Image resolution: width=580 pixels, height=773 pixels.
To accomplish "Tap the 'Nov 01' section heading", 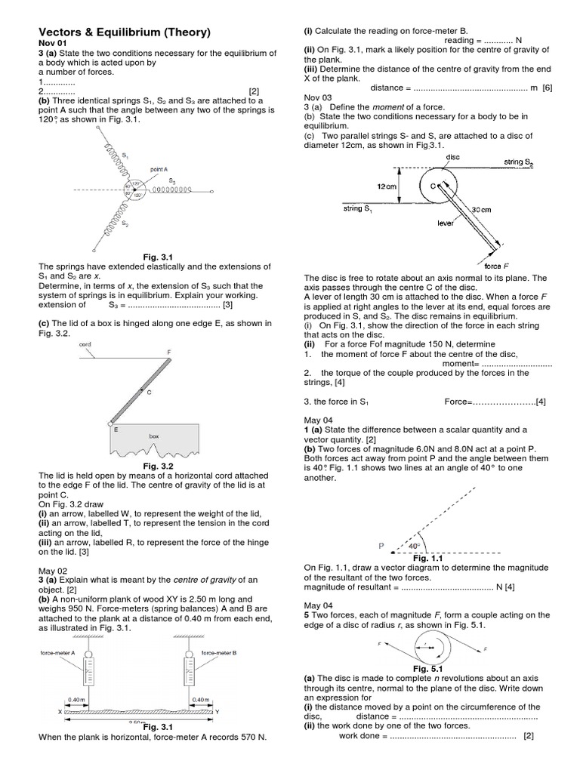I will point(52,44).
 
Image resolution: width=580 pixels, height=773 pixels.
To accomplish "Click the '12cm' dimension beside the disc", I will point(387,183).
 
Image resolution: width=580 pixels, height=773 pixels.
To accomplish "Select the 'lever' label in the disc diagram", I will point(446,223).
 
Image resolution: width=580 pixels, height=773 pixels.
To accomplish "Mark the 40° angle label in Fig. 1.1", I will point(414,546).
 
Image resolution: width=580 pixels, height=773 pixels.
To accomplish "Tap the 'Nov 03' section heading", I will point(318,97).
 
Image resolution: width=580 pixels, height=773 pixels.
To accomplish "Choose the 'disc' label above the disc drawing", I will point(453,157).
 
